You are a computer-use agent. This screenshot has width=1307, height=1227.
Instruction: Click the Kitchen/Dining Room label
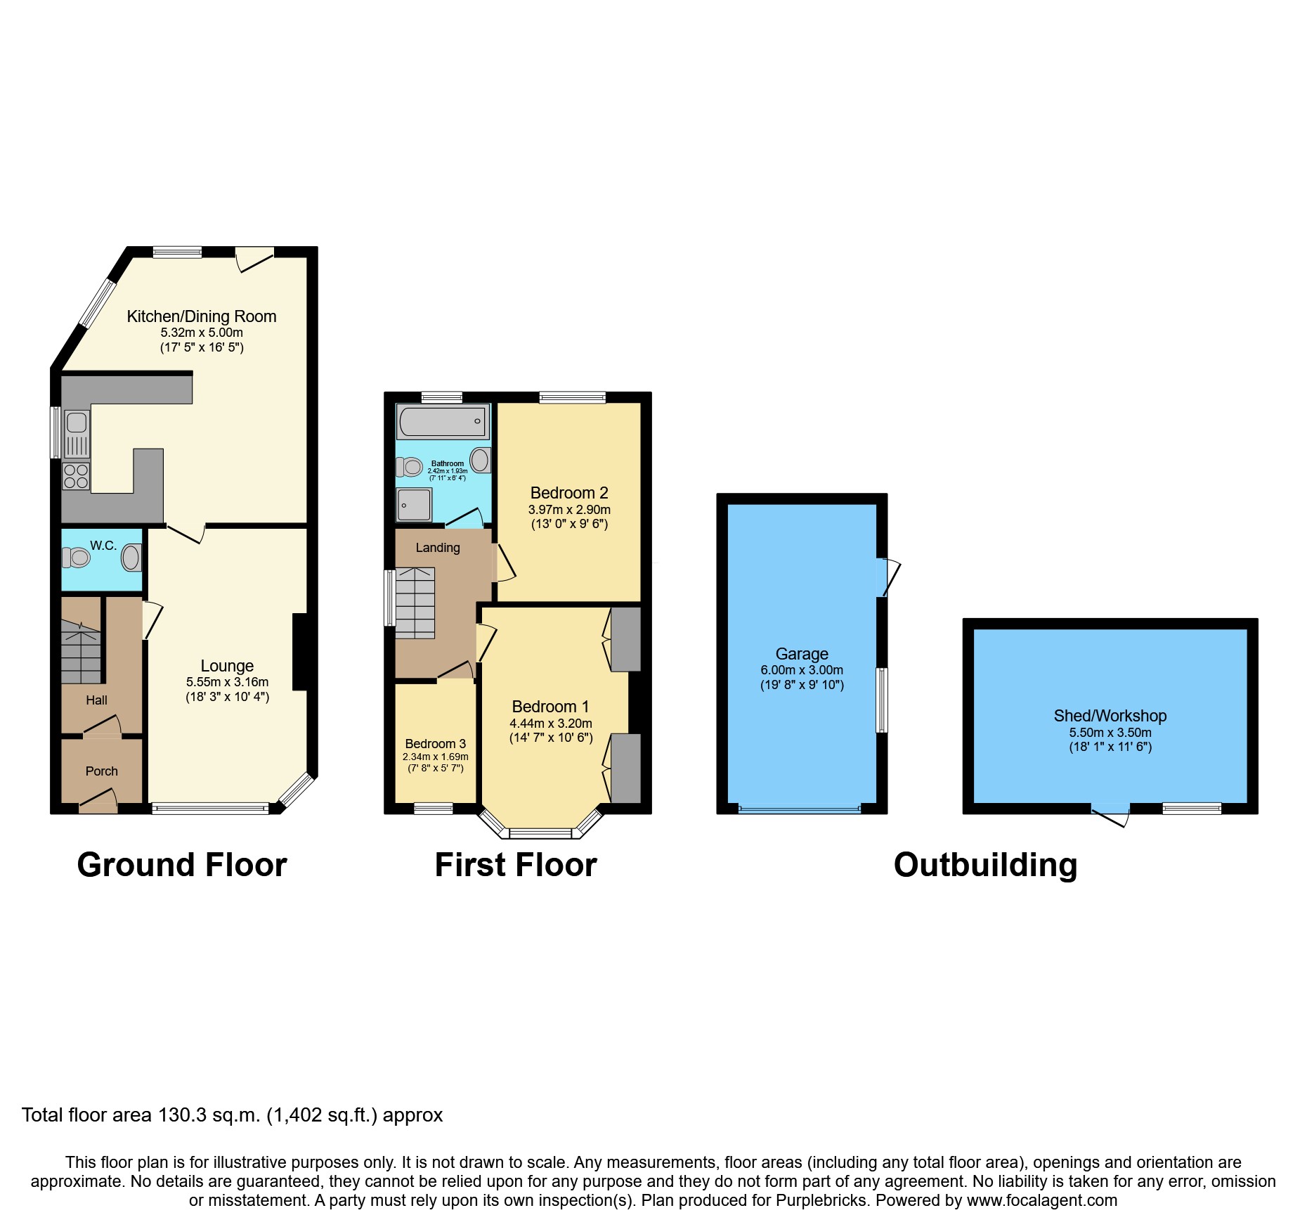point(201,316)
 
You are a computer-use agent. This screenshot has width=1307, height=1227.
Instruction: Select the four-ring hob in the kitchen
point(76,476)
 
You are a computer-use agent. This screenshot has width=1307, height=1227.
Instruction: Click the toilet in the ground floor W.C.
point(76,558)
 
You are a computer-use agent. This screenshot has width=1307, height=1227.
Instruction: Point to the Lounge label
point(227,666)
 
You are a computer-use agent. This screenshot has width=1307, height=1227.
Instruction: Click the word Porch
point(102,771)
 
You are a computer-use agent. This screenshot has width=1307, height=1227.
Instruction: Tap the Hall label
point(96,700)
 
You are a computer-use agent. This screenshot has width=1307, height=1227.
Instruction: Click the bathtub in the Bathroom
point(442,421)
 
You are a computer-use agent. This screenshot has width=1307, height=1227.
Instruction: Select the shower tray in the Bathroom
point(414,504)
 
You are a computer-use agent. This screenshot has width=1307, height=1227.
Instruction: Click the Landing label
point(438,548)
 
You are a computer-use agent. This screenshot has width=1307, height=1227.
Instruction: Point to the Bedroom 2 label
point(569,493)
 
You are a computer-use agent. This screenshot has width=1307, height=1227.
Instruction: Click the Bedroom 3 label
point(435,744)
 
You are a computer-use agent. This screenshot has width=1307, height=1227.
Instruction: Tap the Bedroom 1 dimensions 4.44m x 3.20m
point(551,724)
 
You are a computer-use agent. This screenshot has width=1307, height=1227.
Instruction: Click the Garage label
point(802,654)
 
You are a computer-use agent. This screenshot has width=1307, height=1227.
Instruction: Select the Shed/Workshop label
point(1110,716)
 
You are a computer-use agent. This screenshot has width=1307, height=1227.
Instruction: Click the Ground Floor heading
point(182,865)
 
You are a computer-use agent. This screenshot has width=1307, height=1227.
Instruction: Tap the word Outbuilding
point(985,865)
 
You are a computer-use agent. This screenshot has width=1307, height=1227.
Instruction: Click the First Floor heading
point(516,865)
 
